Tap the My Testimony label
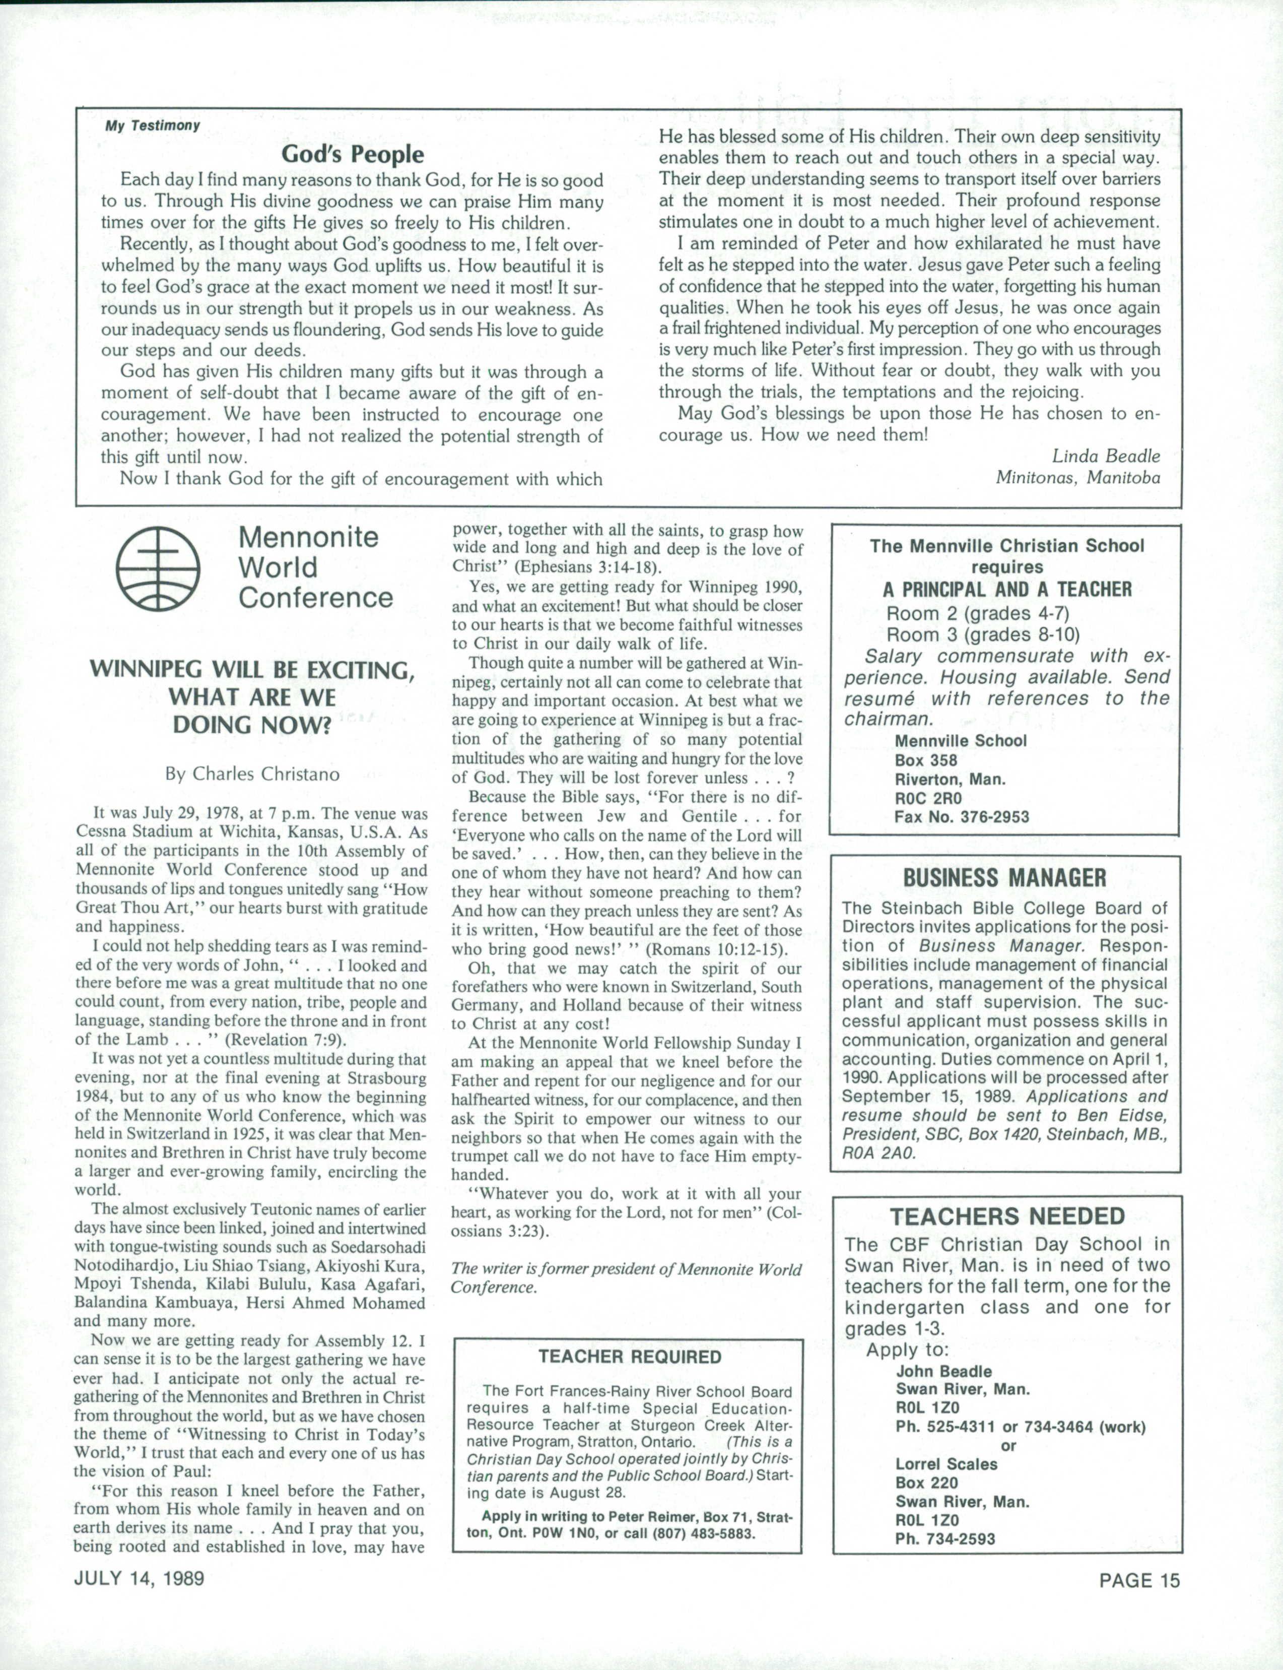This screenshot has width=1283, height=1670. pyautogui.click(x=153, y=125)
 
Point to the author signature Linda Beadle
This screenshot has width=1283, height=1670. pyautogui.click(x=1105, y=456)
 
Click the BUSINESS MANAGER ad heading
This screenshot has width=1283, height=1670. pyautogui.click(x=1004, y=878)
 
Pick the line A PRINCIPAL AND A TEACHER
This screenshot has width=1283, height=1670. pyautogui.click(x=1006, y=589)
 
